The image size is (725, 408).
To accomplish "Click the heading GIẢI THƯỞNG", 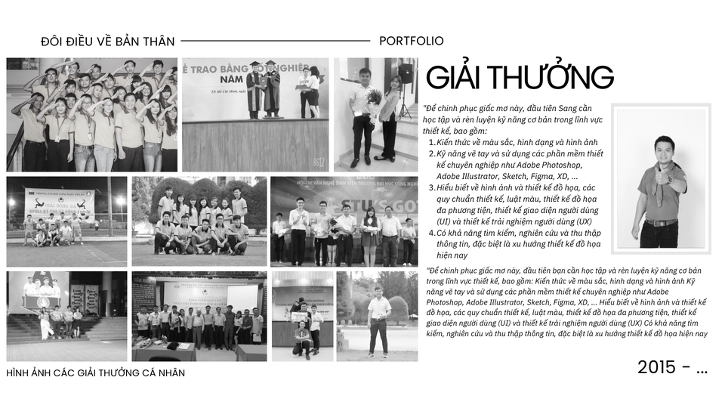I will tap(520, 78).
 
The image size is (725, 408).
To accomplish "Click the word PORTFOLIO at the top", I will tap(412, 41).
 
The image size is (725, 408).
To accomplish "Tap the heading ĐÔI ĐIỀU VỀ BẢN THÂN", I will tap(108, 41).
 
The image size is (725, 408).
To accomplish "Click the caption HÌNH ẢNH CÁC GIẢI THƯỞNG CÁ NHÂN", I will tap(95, 372).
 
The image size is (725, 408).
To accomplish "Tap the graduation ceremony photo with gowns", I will tap(255, 114).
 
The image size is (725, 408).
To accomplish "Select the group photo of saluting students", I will tap(92, 115).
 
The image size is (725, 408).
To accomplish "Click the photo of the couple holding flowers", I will tap(376, 114).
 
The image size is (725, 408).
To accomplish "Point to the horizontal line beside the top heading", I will tap(275, 41).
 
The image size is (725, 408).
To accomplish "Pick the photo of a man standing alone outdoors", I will tap(377, 316).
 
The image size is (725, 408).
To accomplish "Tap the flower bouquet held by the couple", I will tap(372, 99).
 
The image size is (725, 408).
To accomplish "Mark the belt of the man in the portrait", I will tap(660, 223).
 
